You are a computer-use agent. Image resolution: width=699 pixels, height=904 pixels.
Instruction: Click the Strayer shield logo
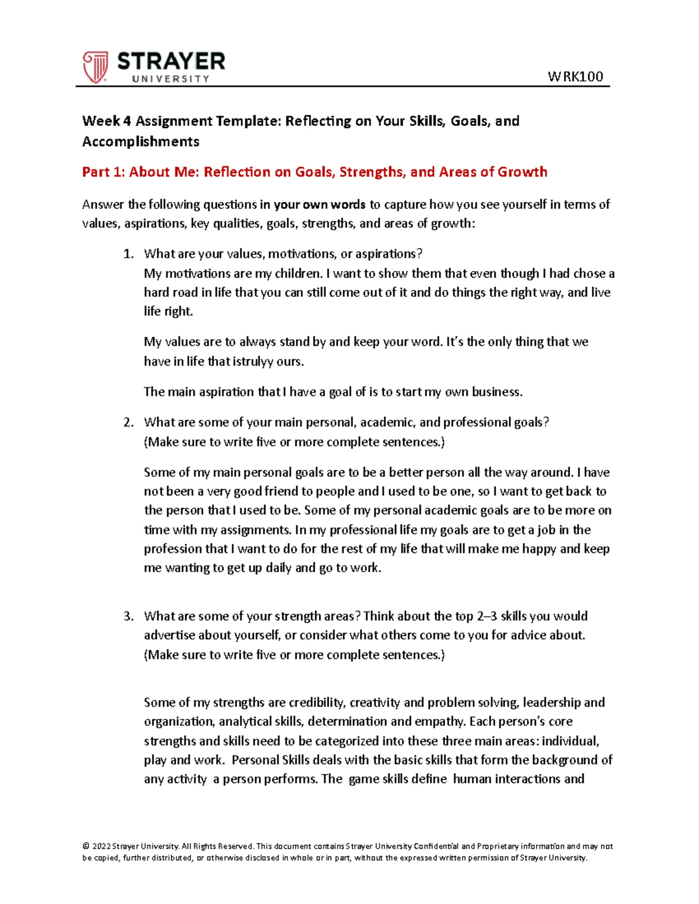[x=95, y=66]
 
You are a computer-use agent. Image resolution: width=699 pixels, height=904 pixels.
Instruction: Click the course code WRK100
[x=575, y=76]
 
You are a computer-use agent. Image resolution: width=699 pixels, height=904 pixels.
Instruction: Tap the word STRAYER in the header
[x=171, y=61]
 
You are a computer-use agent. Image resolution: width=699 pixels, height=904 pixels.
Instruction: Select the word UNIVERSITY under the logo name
[x=170, y=79]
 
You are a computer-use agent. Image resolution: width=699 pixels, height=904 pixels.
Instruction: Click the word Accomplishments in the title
[x=140, y=141]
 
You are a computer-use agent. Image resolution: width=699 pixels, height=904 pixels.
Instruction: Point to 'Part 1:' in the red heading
[x=103, y=172]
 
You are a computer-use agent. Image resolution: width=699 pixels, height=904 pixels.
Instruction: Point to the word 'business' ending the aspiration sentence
[x=496, y=392]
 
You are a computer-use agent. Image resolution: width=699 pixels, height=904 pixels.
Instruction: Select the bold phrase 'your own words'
[x=319, y=204]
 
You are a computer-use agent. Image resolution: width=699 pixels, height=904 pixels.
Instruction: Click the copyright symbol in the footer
[x=86, y=846]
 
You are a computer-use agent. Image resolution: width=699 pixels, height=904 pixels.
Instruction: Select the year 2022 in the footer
[x=101, y=846]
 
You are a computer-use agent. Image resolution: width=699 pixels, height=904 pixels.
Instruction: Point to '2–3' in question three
[x=487, y=616]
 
